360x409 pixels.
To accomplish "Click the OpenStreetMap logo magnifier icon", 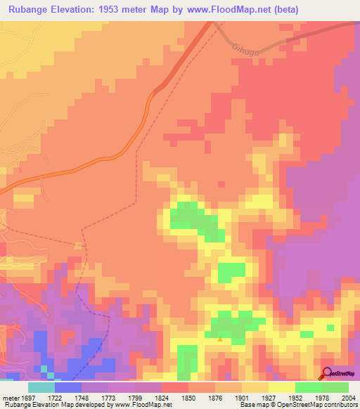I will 328,374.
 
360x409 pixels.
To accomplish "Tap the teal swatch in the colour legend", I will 41,387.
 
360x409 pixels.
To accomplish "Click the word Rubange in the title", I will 26,9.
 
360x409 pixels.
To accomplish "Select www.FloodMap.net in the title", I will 228,9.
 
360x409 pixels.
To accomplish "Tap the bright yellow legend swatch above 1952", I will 282,387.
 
